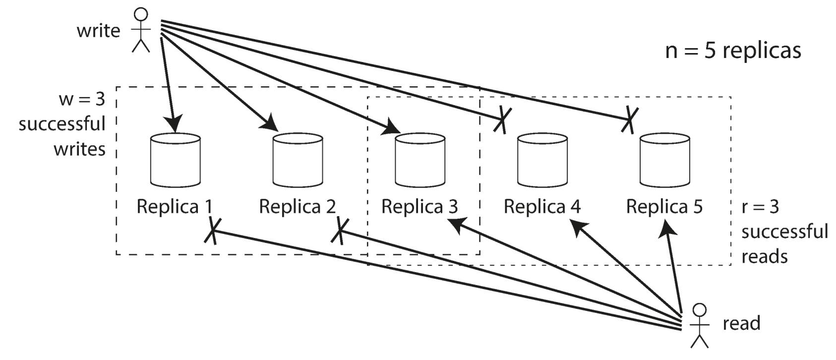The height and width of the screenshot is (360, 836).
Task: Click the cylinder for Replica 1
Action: [176, 160]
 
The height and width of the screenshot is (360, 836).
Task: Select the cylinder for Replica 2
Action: [298, 160]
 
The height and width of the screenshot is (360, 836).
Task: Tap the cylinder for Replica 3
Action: [420, 160]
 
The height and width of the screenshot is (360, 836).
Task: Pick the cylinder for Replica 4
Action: [542, 160]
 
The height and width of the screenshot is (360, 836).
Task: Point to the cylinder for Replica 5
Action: [665, 160]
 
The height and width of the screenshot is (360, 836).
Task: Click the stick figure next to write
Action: [141, 30]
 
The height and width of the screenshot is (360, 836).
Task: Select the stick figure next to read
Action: [700, 325]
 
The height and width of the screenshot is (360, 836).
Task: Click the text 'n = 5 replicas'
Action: [733, 51]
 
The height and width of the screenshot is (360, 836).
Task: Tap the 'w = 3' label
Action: [82, 99]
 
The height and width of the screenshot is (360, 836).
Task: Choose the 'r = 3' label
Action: [760, 207]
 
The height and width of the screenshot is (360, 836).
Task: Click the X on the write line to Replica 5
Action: [630, 120]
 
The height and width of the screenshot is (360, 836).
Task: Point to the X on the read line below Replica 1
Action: [213, 231]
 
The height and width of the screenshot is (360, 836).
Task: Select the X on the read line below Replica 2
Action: [340, 231]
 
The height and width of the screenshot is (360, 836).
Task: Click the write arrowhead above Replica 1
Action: [174, 123]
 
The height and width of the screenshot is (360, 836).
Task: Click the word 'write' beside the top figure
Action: [99, 30]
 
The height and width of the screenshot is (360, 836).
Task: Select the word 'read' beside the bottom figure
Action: [742, 323]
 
